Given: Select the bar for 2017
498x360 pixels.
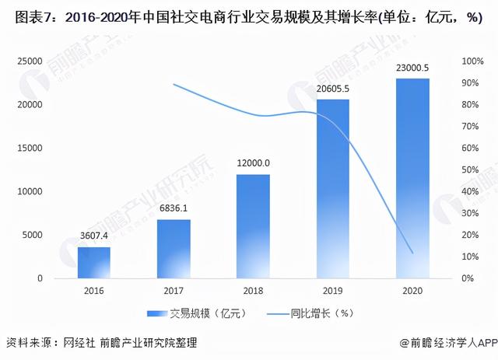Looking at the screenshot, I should (x=174, y=249).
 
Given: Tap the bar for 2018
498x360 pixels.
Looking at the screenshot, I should (x=253, y=226).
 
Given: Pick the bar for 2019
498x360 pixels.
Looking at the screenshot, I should (x=332, y=189).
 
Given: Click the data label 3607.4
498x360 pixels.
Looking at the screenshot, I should (x=93, y=238).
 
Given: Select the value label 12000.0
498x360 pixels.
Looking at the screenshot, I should (x=253, y=165).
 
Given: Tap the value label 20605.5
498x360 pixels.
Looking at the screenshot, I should (x=332, y=90).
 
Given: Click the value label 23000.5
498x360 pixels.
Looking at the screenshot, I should (x=412, y=69).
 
